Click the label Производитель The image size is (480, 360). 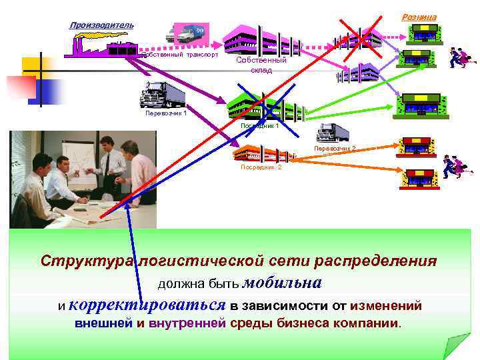[x=101, y=25]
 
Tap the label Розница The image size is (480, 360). [x=419, y=16]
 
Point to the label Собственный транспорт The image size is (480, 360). [x=180, y=55]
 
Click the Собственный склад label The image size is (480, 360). [x=261, y=65]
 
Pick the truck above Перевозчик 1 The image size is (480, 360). [x=164, y=95]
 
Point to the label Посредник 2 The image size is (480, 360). [x=261, y=167]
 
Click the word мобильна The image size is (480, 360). [x=282, y=282]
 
